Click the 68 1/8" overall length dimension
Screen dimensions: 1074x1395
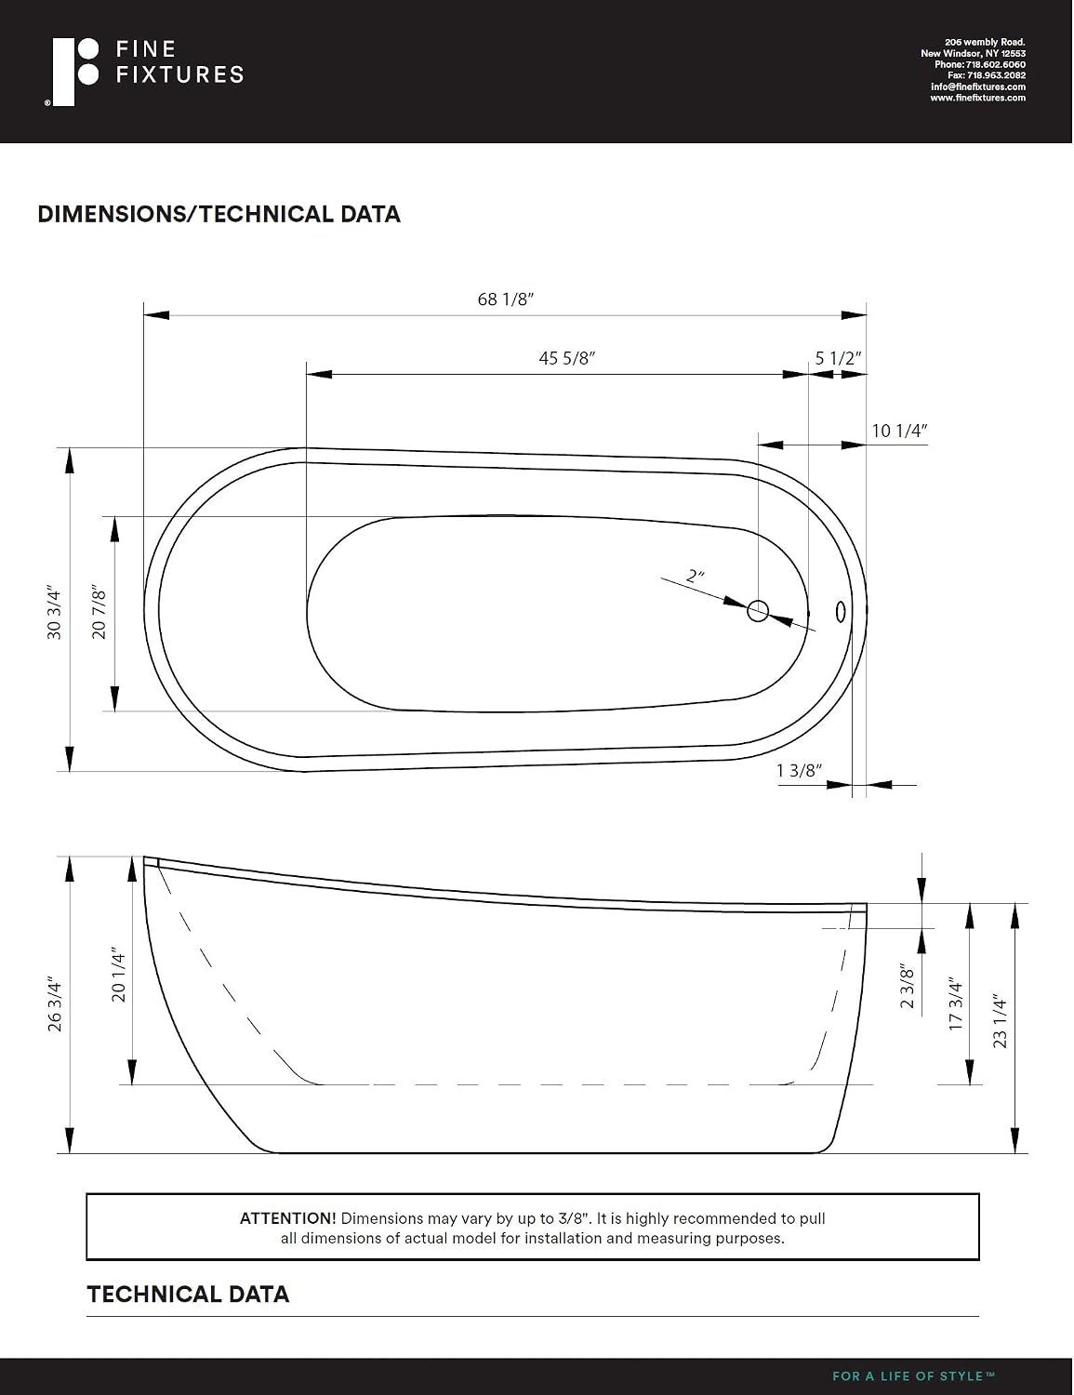(x=506, y=299)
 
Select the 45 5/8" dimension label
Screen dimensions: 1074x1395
(x=567, y=358)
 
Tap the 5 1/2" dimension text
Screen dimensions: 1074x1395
(x=838, y=358)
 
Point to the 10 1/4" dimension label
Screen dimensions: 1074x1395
(x=899, y=431)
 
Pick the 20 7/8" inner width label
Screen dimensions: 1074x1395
(x=99, y=612)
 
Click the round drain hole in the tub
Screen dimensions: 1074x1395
(x=758, y=610)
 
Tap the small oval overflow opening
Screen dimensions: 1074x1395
(x=841, y=611)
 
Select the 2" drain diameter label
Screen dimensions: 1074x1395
(x=696, y=576)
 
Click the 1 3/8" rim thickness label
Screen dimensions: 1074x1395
(x=800, y=770)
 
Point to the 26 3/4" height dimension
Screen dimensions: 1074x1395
(x=55, y=1006)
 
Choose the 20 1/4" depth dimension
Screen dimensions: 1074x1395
(x=119, y=974)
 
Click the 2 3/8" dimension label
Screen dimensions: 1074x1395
(x=908, y=986)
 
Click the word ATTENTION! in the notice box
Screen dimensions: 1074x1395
(x=288, y=1218)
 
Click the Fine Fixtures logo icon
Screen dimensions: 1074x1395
(x=72, y=72)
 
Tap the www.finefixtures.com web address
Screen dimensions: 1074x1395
(x=978, y=99)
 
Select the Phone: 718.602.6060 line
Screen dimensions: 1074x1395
(x=980, y=65)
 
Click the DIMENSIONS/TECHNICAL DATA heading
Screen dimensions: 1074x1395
(x=219, y=214)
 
